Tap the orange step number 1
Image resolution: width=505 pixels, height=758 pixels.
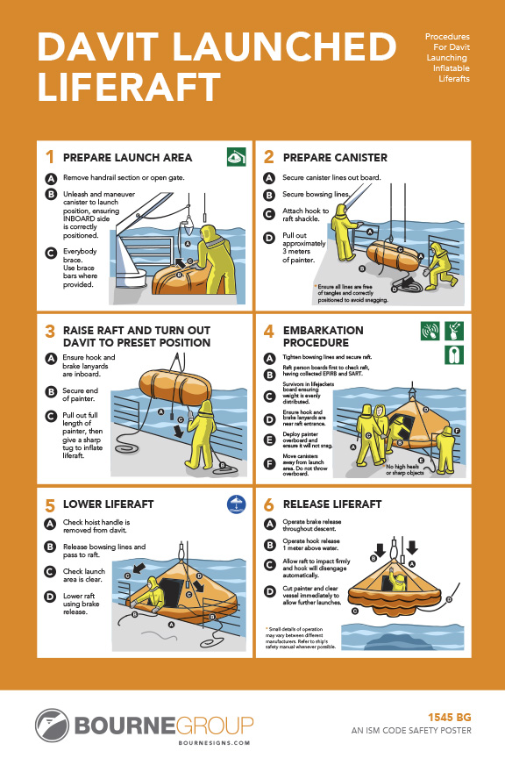coord(49,158)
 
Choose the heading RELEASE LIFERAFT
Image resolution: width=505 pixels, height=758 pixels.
coord(332,504)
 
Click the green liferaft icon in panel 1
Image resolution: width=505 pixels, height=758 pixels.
coord(235,158)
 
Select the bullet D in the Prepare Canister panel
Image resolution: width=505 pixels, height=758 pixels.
coord(269,237)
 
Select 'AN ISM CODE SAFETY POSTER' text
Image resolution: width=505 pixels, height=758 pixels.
coord(412,730)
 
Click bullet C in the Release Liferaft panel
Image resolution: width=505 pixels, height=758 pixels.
coord(269,561)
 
